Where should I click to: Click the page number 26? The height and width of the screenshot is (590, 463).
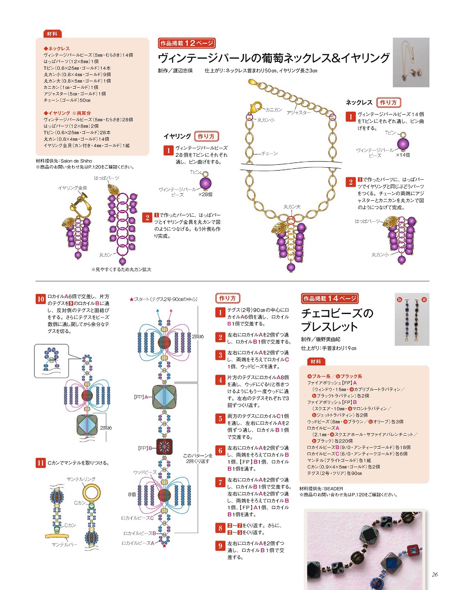[x=435, y=575]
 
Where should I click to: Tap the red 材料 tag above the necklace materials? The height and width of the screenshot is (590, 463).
[x=52, y=34]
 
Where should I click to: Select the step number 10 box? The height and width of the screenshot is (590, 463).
[x=41, y=299]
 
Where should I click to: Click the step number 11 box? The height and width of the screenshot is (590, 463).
[x=41, y=463]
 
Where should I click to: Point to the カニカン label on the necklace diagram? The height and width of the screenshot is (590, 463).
[x=274, y=110]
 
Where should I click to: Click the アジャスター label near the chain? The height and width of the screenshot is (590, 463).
[x=299, y=112]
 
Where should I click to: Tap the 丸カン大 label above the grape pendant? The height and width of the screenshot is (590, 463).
[x=292, y=207]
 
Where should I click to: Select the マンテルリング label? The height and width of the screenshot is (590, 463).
[x=81, y=479]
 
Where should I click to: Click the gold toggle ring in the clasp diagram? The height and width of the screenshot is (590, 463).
[x=91, y=492]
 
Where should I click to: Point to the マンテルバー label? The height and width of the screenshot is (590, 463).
[x=64, y=545]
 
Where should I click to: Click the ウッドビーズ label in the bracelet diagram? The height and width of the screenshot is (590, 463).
[x=145, y=472]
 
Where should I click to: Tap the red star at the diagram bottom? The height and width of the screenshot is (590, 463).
[x=164, y=546]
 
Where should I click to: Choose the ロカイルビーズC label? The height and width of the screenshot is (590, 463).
[x=137, y=518]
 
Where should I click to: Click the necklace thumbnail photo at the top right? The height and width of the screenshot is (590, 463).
[x=411, y=62]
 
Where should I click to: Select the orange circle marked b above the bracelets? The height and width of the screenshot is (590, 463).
[x=399, y=299]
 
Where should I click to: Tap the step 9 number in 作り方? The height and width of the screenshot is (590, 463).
[x=220, y=546]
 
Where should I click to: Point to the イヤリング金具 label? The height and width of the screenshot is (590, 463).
[x=72, y=188]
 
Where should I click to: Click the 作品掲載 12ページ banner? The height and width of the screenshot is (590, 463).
[x=187, y=43]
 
